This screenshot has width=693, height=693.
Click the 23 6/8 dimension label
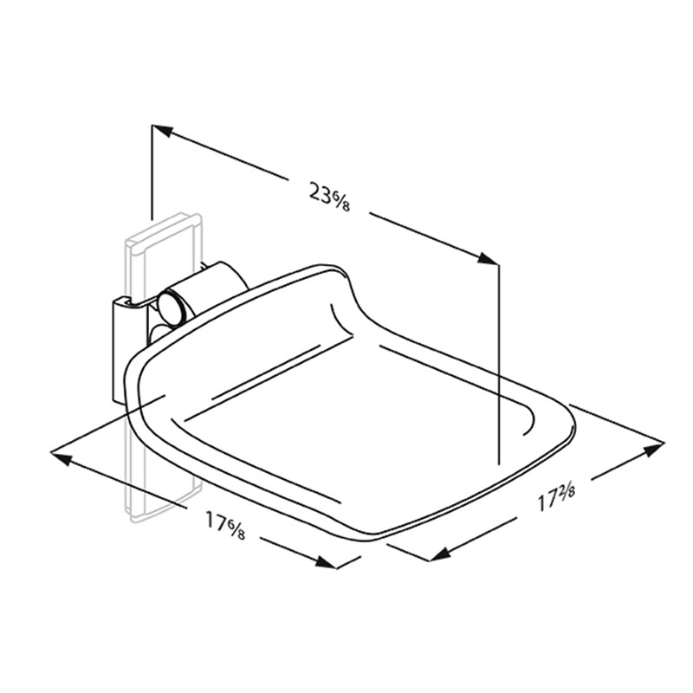click(x=329, y=197)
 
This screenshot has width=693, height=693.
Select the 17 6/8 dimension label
click(x=225, y=525)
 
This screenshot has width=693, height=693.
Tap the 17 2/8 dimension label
click(x=556, y=496)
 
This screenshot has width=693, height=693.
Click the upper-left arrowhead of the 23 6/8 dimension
click(x=162, y=131)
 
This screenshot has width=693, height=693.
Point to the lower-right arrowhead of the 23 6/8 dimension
click(x=488, y=259)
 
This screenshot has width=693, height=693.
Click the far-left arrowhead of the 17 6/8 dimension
click(x=61, y=458)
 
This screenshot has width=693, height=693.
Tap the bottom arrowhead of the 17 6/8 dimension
click(x=326, y=562)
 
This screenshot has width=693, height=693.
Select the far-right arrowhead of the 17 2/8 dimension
click(x=654, y=449)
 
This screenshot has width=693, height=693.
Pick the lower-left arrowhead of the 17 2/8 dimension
click(x=440, y=554)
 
